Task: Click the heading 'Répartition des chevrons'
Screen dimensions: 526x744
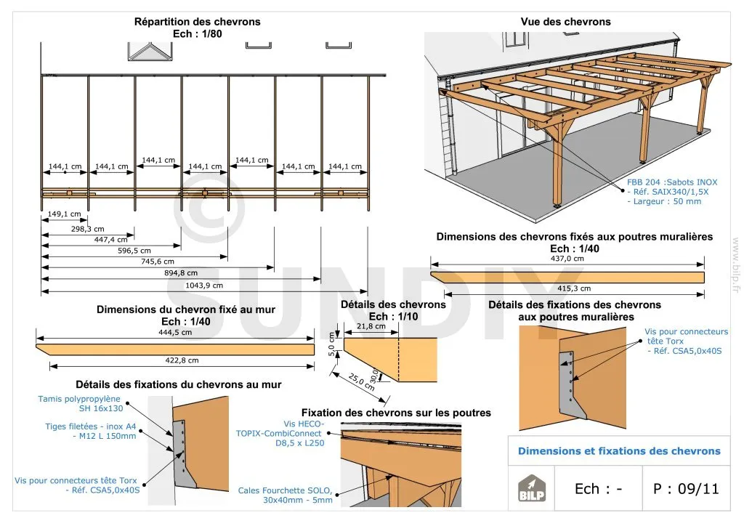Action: tap(197, 22)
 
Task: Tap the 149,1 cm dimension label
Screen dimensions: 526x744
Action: tap(64, 214)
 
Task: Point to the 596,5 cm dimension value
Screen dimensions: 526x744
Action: tap(134, 251)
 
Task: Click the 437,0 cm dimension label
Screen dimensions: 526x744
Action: tap(567, 258)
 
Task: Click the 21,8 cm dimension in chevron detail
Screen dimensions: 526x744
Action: tap(371, 327)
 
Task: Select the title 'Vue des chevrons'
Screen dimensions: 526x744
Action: tap(565, 22)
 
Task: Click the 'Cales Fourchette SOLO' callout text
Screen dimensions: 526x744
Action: tap(285, 490)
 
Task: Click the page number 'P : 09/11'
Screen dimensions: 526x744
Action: tap(686, 488)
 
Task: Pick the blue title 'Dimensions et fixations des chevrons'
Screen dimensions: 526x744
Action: tap(619, 451)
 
